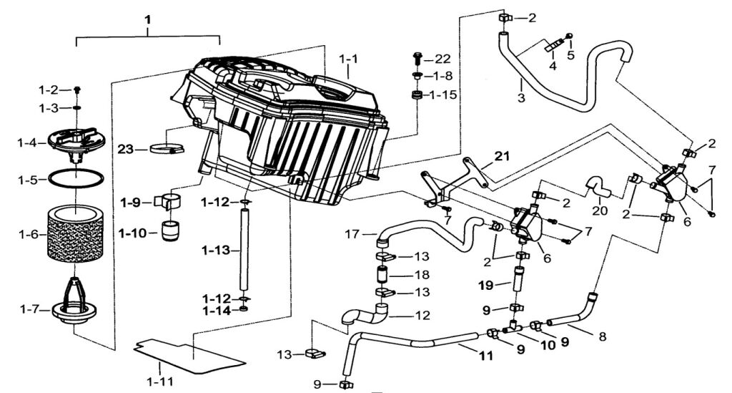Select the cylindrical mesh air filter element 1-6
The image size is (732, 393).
click(75, 234)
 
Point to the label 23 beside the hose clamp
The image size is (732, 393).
click(126, 149)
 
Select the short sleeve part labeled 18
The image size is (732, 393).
click(382, 274)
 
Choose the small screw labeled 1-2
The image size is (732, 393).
click(78, 89)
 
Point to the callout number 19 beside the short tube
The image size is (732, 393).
click(485, 285)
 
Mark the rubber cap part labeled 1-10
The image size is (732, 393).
click(170, 233)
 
